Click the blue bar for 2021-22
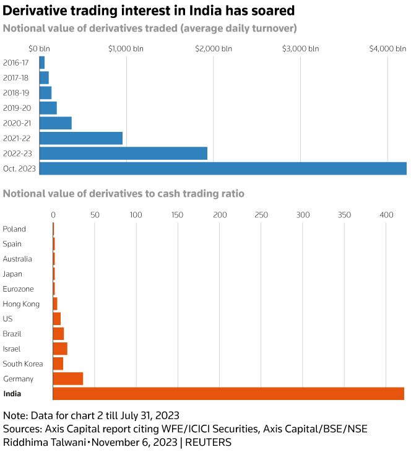(x=80, y=138)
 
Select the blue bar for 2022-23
(x=123, y=154)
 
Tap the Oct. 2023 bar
(x=223, y=168)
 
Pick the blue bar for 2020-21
(x=55, y=123)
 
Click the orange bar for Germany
(x=68, y=378)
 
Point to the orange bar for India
(x=228, y=394)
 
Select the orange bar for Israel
(x=60, y=349)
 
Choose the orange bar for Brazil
(x=58, y=334)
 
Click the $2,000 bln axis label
(x=213, y=48)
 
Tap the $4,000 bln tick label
(x=387, y=48)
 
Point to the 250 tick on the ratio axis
(x=261, y=215)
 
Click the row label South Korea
(x=23, y=363)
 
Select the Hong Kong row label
(x=21, y=304)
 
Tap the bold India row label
(x=12, y=394)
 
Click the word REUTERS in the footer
(x=209, y=442)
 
